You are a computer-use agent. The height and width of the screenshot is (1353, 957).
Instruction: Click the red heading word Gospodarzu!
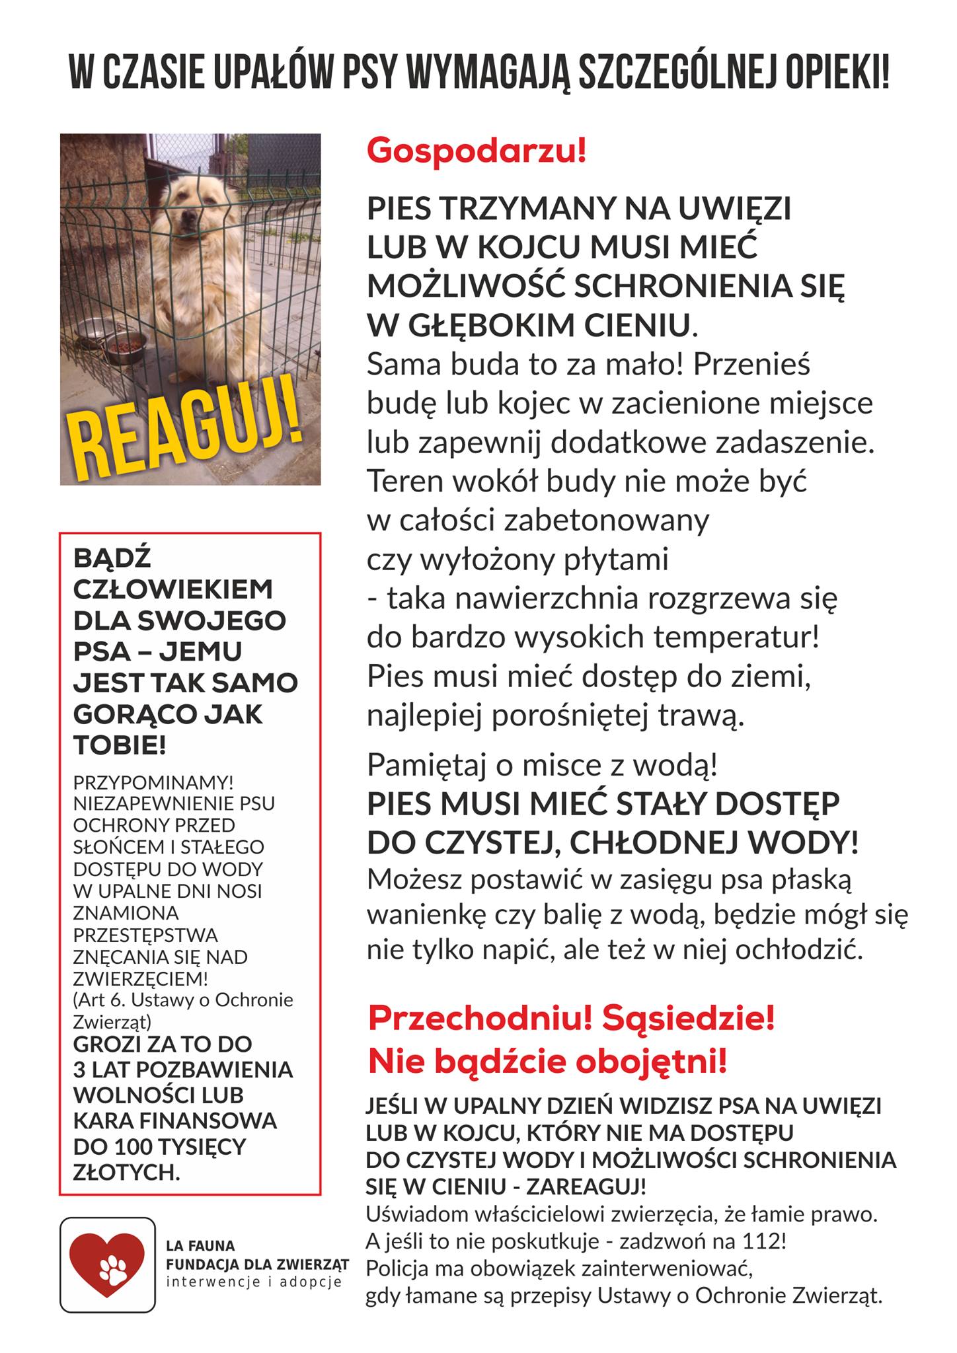[476, 151]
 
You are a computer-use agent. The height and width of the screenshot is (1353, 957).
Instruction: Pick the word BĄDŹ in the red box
[112, 558]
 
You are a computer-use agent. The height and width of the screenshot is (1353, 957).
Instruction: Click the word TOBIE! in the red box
[119, 746]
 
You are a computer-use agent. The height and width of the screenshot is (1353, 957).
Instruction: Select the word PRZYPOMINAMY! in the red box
[153, 782]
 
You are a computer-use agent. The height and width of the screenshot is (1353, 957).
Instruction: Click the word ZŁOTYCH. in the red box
[126, 1172]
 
